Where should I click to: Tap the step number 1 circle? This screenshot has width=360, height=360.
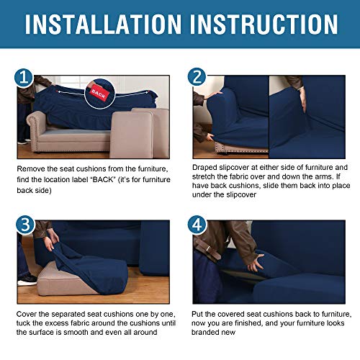click(26, 77)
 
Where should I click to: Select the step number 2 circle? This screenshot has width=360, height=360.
click(196, 77)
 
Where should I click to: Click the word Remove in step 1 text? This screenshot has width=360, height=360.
click(32, 168)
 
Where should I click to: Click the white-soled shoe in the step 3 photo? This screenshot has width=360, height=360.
click(27, 279)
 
